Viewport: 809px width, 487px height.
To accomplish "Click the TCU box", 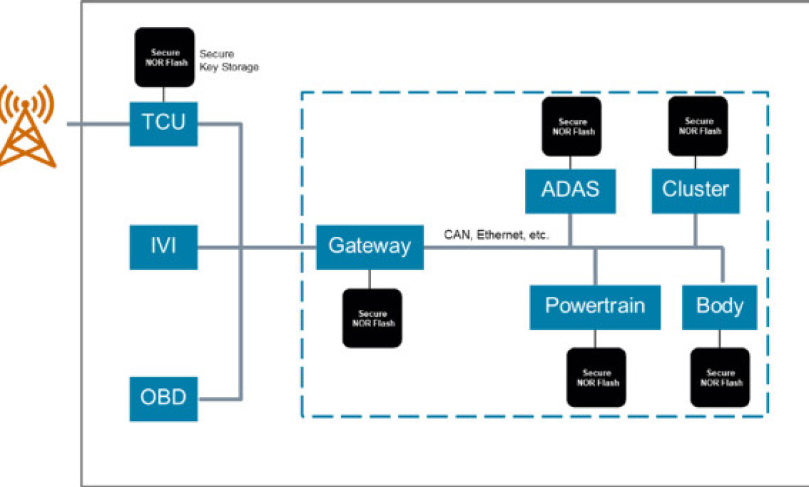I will (164, 123).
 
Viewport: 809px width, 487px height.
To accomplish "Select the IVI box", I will (164, 247).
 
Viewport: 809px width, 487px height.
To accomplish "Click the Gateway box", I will (370, 247).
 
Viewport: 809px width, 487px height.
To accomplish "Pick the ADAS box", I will (570, 191).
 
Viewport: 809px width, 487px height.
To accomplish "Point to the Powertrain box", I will (595, 307).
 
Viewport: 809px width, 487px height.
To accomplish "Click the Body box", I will (719, 307).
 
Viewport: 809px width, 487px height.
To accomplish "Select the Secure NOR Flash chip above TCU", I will (164, 57).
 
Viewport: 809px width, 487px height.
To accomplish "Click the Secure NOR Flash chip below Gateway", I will (372, 318).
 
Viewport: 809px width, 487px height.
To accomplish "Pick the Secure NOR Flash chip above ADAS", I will (571, 126).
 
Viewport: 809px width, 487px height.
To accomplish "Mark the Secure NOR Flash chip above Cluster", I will (698, 126).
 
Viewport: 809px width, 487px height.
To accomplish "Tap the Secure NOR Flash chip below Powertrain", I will (596, 377).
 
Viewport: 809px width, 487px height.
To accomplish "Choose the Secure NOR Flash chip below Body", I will (720, 377).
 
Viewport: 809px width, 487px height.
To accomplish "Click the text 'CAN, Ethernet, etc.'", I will (496, 236).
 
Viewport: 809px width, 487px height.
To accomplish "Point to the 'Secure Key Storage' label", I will (228, 61).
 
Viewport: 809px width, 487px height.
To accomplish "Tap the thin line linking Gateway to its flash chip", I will (369, 279).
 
